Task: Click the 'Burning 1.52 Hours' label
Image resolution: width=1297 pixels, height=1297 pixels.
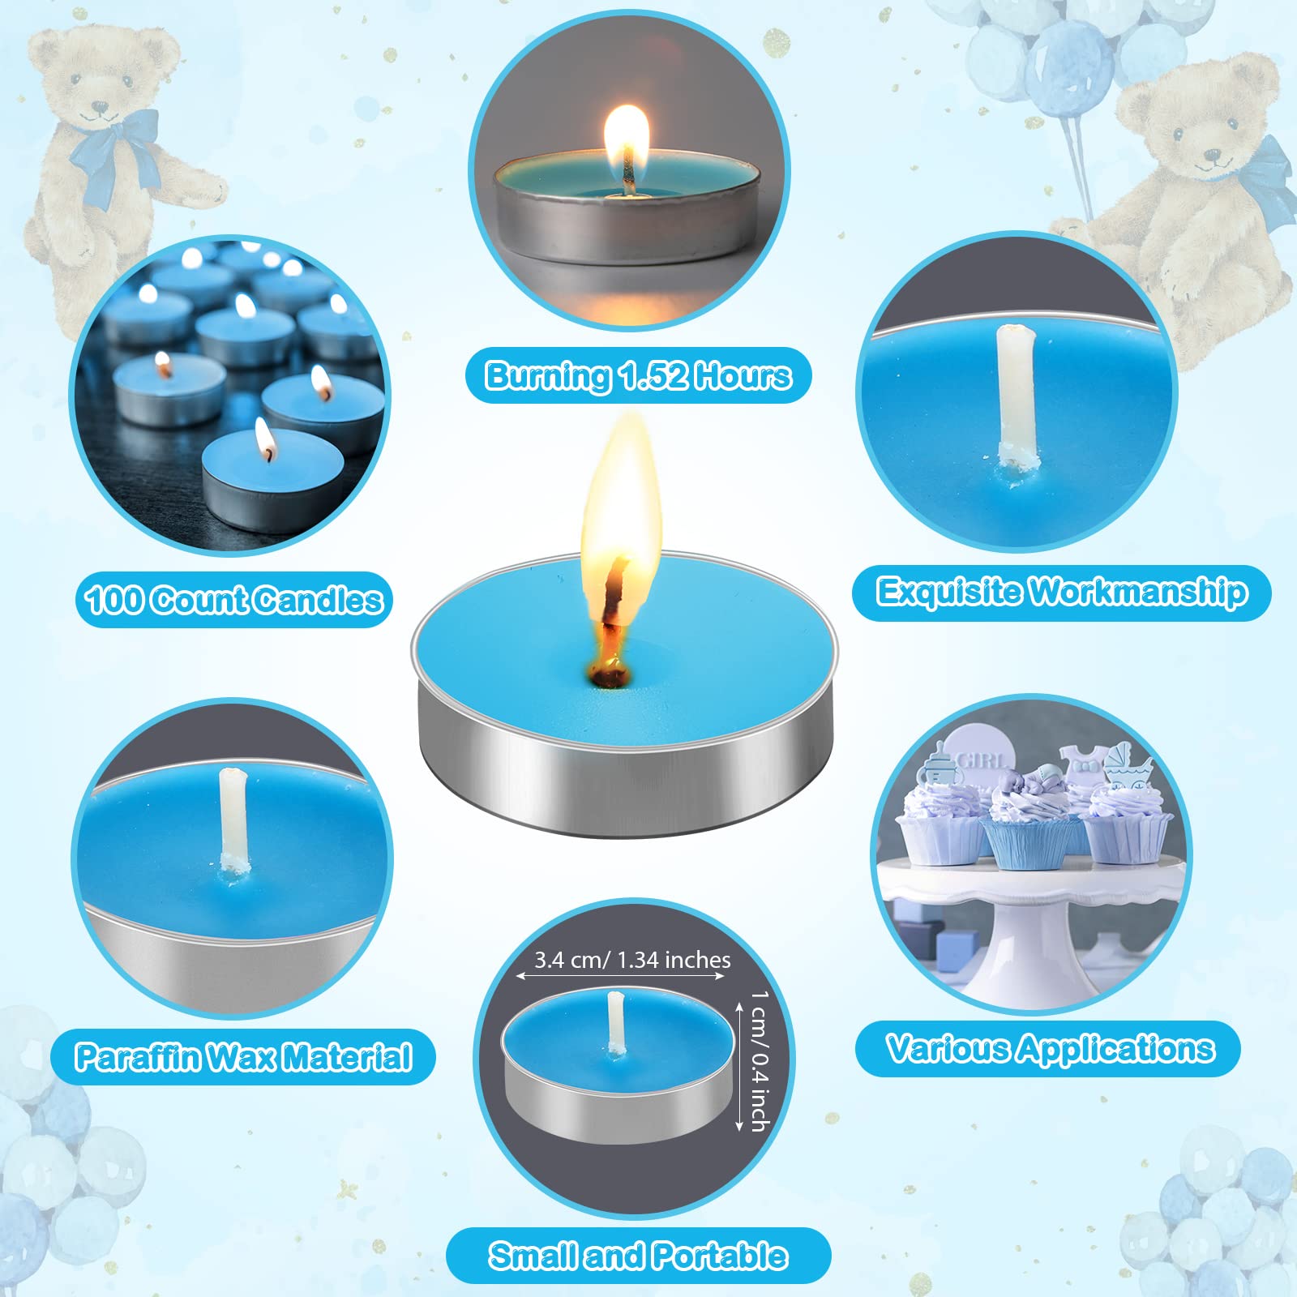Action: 639,376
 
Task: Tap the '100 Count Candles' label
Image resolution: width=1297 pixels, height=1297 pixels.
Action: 234,600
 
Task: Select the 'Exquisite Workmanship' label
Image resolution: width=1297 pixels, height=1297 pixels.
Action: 1062,593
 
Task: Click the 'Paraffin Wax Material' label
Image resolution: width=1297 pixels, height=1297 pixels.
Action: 243,1057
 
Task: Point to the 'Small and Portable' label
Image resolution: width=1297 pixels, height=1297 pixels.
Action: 638,1256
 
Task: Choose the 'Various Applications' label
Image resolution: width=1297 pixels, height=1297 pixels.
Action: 1050,1049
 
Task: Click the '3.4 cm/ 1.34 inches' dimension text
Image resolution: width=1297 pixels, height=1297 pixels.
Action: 632,961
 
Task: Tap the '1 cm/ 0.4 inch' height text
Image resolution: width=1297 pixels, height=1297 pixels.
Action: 759,1060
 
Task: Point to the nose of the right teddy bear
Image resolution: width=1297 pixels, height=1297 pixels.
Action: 1211,154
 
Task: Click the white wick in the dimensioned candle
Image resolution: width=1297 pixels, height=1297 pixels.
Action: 616,1023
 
